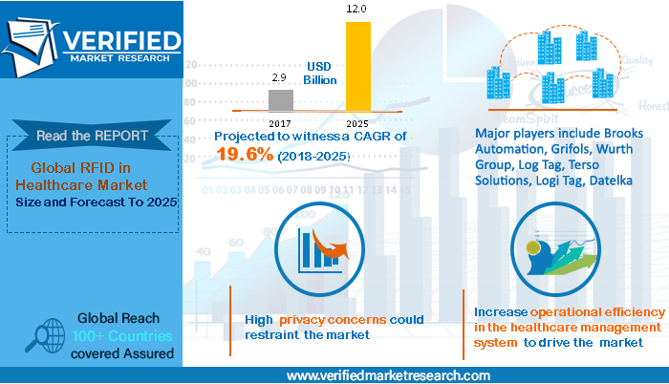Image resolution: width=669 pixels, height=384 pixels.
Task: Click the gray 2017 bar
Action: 280,99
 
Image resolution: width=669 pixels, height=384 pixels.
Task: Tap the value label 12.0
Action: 356,10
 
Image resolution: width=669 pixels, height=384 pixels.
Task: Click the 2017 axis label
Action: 279,122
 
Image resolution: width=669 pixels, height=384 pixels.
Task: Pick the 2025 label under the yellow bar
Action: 356,122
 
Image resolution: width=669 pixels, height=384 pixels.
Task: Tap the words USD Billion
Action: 320,73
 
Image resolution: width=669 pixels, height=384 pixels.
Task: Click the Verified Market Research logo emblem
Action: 32,40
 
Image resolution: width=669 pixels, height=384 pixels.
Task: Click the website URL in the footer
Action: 388,374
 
